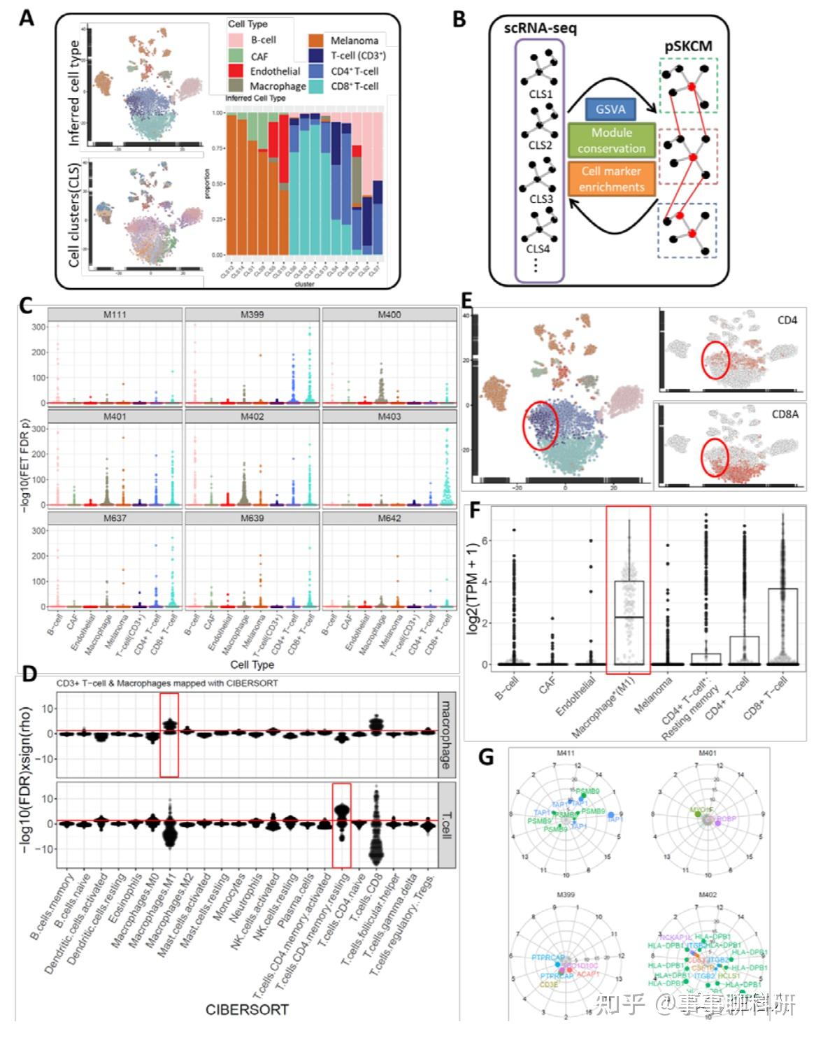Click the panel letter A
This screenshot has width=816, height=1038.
[x=26, y=17]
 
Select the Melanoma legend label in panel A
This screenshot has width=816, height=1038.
[x=354, y=41]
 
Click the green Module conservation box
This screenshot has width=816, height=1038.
[x=611, y=140]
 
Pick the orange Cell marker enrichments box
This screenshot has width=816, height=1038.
[x=611, y=179]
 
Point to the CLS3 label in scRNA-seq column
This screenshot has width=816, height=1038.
[x=541, y=199]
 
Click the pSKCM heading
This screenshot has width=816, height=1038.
[x=688, y=48]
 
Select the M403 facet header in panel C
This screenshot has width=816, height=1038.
[x=389, y=416]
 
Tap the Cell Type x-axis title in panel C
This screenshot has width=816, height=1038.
[x=252, y=664]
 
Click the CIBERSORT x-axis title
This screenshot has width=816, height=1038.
[x=246, y=1009]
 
